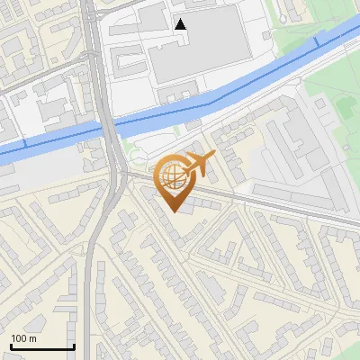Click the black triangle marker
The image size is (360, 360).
181,24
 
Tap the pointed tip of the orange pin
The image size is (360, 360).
173,211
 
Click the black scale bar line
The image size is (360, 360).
42,347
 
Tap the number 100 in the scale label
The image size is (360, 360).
19,338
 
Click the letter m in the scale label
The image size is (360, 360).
32,339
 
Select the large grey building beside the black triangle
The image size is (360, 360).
193,54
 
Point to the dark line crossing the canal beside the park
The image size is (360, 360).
317,42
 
